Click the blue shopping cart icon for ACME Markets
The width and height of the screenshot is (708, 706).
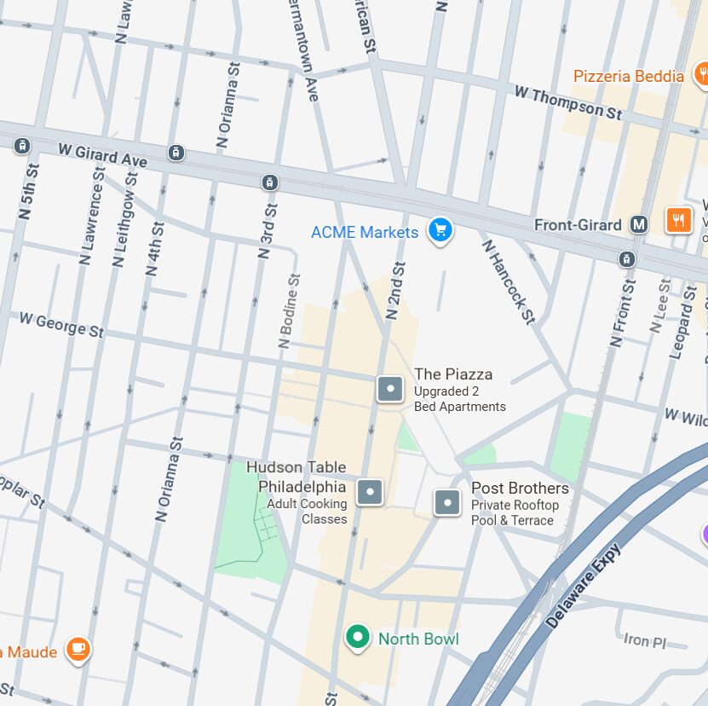point(440,229)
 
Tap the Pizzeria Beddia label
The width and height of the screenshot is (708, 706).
point(628,76)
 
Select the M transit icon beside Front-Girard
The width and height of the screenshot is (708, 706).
point(640,224)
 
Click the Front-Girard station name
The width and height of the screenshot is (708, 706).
point(578,225)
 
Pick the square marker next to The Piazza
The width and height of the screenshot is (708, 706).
point(390,389)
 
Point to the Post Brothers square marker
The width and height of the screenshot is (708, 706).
point(447,502)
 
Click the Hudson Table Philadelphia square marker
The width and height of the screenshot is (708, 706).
point(369,492)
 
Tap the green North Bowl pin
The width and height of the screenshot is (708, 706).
point(358,637)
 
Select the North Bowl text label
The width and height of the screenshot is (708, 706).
point(418,639)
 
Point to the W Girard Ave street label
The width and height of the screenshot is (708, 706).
point(102,154)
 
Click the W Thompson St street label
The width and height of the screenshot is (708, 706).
point(568,101)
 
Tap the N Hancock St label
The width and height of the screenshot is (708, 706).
point(509,281)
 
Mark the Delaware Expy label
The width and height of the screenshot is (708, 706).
point(584,586)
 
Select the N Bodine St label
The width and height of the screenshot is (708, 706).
point(290,311)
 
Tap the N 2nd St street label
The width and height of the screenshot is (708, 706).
point(394,291)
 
